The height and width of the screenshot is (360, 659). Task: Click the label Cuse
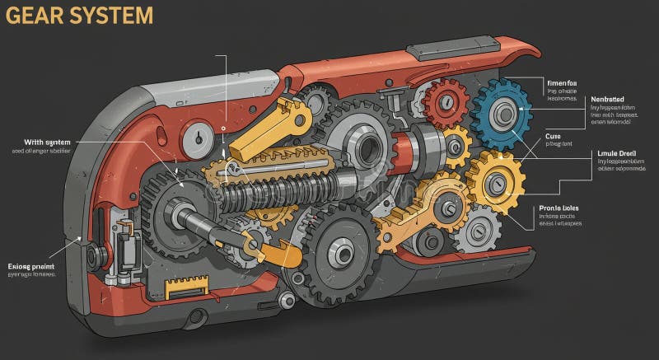point(553,135)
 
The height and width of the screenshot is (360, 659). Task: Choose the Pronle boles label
point(559,209)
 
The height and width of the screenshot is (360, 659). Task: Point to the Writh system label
point(41,142)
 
